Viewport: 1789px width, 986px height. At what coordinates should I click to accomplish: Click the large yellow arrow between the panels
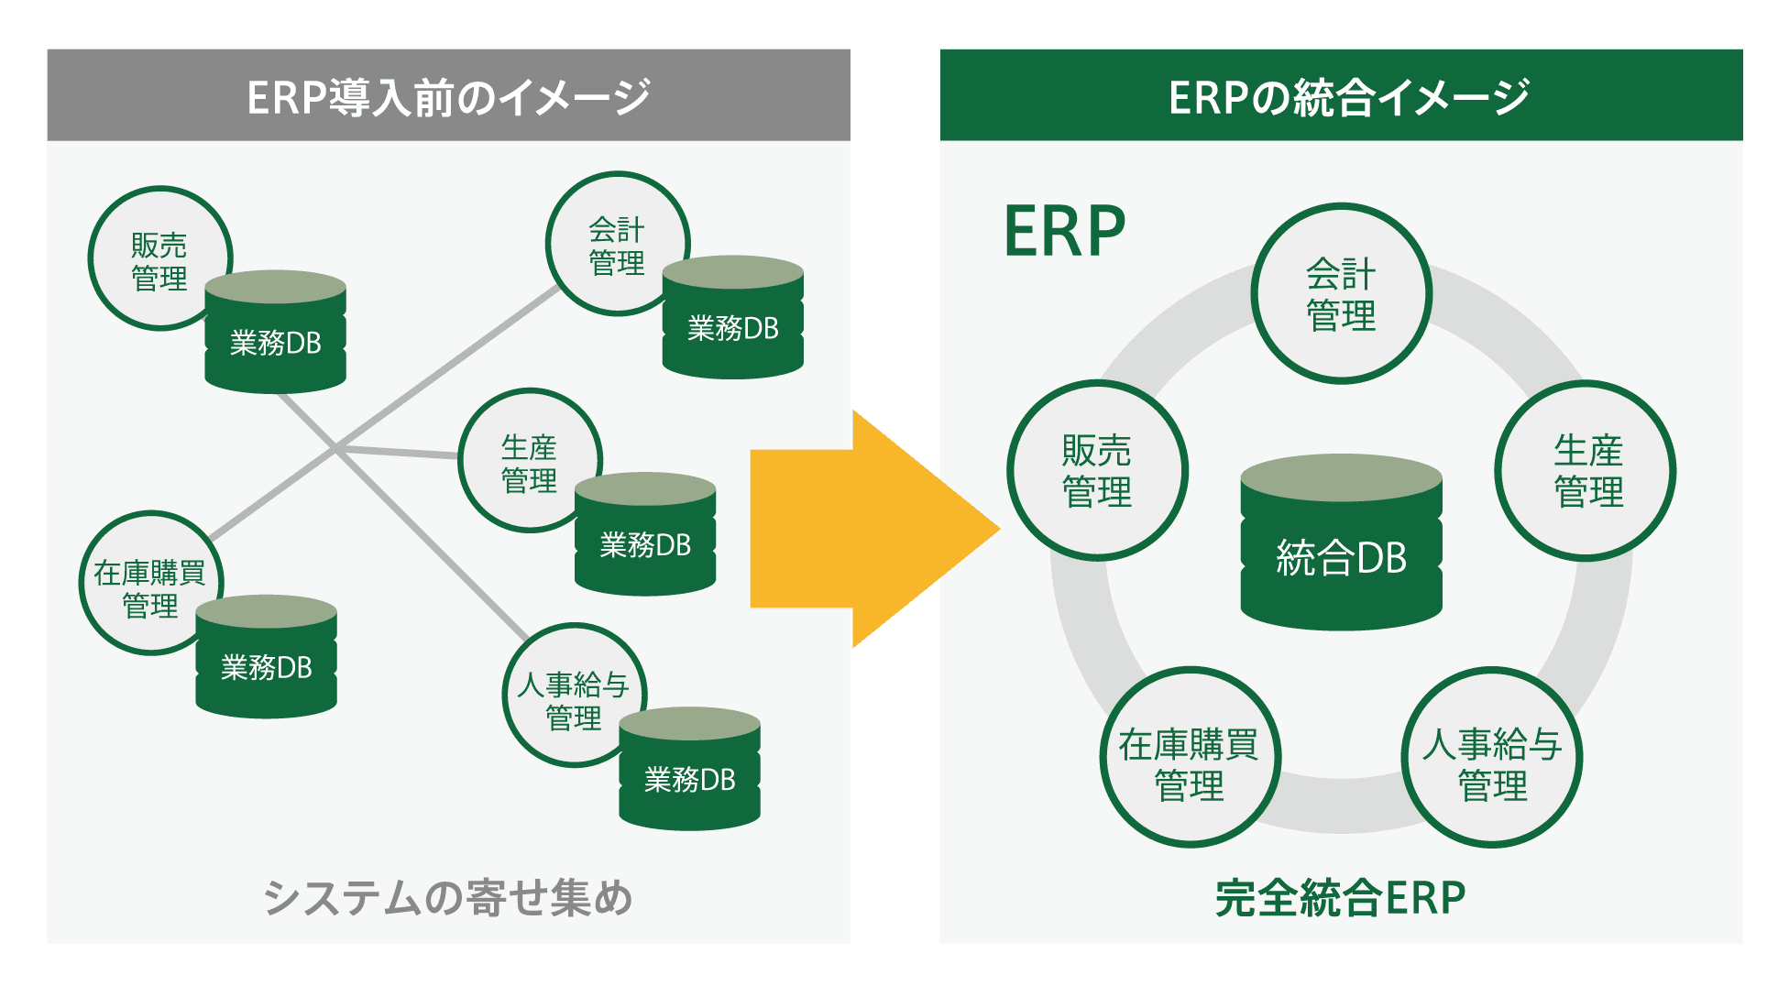[862, 529]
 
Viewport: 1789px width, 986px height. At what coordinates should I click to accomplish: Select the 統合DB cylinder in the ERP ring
[1341, 550]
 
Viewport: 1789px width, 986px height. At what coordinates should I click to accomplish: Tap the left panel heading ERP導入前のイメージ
[448, 97]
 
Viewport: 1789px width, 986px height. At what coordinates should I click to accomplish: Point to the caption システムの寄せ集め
[448, 897]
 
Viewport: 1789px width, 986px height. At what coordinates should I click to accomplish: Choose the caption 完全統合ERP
[1340, 897]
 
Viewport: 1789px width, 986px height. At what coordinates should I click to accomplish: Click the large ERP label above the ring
[1064, 232]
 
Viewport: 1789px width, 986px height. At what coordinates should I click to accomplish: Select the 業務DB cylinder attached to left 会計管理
[732, 326]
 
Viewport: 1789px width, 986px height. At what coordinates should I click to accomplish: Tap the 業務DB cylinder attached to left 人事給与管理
[689, 778]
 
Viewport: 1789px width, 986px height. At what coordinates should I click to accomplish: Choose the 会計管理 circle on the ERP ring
[1341, 293]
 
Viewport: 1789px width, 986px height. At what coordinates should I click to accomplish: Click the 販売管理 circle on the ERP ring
[1097, 470]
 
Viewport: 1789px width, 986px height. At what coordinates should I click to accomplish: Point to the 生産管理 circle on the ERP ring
[1586, 470]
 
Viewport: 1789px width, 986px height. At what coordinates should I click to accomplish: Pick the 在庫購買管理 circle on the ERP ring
[1189, 758]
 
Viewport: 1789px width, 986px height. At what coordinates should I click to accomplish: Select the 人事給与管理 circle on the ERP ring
[1491, 758]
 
